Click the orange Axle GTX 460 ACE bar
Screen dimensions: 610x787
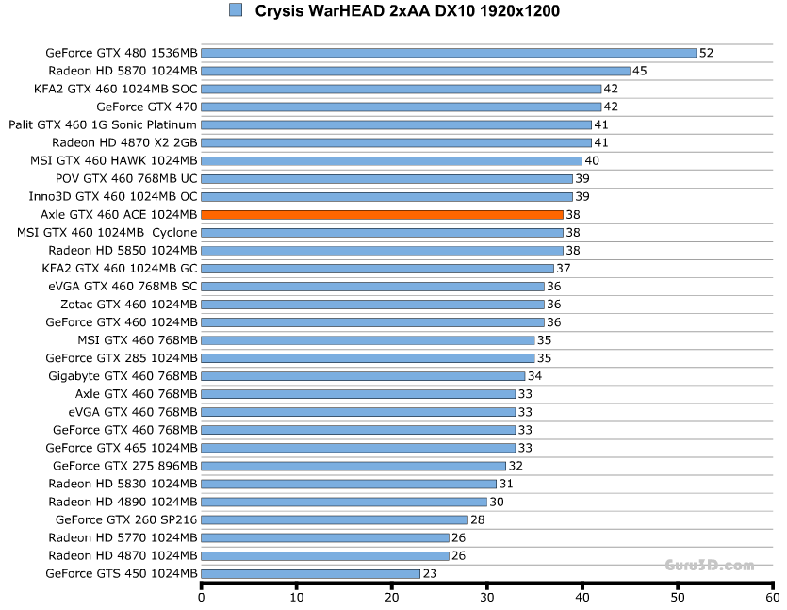[x=382, y=214]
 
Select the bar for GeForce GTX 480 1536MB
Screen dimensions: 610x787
[x=449, y=53]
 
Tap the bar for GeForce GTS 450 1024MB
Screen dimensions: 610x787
[x=310, y=573]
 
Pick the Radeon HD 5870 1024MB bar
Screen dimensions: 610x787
[x=415, y=71]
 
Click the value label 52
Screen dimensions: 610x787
[x=706, y=53]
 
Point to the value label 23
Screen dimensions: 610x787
[x=430, y=573]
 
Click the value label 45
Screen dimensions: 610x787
[x=639, y=71]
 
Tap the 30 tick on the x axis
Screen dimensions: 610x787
[x=487, y=597]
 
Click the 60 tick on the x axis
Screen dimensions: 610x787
[x=772, y=597]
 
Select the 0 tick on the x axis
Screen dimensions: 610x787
[x=202, y=597]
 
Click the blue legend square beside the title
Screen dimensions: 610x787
[x=235, y=10]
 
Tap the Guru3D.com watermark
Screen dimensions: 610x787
[x=709, y=566]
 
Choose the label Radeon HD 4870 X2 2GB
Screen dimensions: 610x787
[x=124, y=142]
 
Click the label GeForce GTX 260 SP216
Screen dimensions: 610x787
[x=126, y=519]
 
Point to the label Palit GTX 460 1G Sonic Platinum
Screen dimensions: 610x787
[x=103, y=124]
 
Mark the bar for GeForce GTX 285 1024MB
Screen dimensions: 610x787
[x=368, y=358]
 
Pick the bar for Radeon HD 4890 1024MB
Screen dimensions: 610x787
[x=344, y=502]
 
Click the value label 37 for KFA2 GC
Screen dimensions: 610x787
[x=563, y=269]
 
